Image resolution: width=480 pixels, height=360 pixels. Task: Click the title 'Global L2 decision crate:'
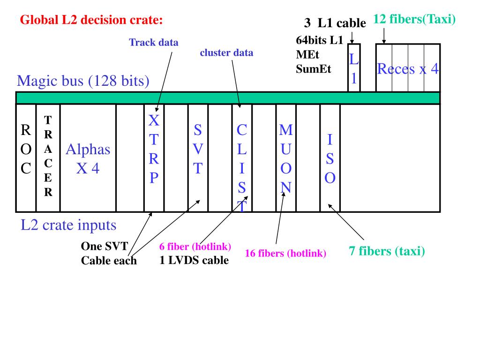click(x=91, y=20)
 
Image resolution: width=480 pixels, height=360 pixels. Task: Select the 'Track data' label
click(x=154, y=42)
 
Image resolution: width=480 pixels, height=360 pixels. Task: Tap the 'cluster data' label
click(x=226, y=52)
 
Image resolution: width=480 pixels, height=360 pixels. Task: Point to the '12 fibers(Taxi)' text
click(x=414, y=20)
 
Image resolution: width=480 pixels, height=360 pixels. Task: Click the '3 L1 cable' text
click(x=335, y=22)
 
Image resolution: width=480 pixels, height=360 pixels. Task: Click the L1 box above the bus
click(x=354, y=68)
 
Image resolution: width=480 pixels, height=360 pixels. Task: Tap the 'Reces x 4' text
click(x=408, y=69)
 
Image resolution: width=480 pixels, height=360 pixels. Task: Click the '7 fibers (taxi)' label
click(x=387, y=251)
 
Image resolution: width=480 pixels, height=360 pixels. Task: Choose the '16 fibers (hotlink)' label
click(x=285, y=254)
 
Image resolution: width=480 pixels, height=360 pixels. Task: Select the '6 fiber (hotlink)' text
click(x=195, y=247)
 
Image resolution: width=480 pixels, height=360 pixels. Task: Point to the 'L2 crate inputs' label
click(x=68, y=225)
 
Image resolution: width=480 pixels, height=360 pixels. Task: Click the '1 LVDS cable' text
click(x=194, y=260)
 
